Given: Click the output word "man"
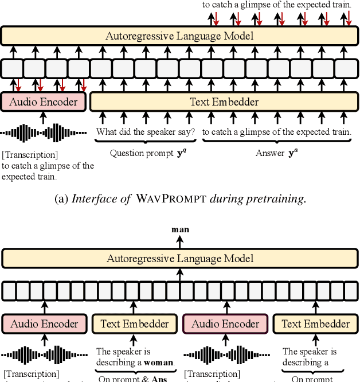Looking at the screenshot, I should click(x=180, y=230).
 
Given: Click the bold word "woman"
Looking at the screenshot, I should click(x=158, y=362).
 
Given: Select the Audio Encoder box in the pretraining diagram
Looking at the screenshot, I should click(x=44, y=102).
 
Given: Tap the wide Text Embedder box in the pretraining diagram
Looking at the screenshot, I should click(x=224, y=102).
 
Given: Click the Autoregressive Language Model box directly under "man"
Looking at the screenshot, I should click(x=180, y=259).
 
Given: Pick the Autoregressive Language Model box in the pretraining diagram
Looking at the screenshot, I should click(x=179, y=36).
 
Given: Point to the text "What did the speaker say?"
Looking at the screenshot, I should click(x=146, y=132).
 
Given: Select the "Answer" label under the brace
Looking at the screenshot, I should click(x=269, y=153).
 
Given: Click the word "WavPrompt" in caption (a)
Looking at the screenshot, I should click(x=163, y=200).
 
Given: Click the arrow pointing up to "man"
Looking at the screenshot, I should click(x=180, y=241).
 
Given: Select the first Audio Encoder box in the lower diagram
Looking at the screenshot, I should click(x=44, y=324).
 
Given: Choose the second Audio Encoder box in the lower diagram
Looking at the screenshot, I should click(x=225, y=324).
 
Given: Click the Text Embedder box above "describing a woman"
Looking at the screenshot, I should click(x=135, y=324).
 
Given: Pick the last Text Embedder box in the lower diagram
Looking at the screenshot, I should click(x=315, y=324).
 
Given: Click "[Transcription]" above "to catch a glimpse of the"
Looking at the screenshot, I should click(x=30, y=155).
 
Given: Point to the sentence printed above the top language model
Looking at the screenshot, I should click(x=277, y=5).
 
